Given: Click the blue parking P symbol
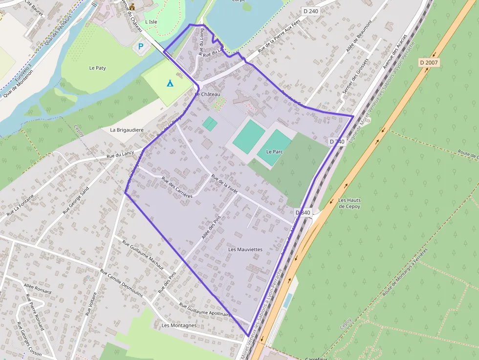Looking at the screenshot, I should pos(141,47).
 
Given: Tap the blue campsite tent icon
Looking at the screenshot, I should pos(170,83).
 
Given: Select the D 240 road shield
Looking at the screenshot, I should pos(310,11).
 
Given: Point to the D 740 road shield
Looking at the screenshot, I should pos(337,142).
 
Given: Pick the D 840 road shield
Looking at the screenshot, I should pos(303,212).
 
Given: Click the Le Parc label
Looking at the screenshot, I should pos(274,152).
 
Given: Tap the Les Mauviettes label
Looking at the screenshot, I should pos(245,250).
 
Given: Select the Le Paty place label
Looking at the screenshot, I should pos(98,68).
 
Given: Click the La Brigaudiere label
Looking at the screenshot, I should pos(127,130).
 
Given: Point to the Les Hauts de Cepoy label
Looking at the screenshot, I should pos(349,203).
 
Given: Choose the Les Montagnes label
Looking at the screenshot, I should pos(179,325).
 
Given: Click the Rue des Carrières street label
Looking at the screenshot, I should pos(176,187).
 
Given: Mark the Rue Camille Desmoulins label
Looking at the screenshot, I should pos(121,284).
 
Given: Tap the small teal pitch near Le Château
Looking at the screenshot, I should pos(210,124).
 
